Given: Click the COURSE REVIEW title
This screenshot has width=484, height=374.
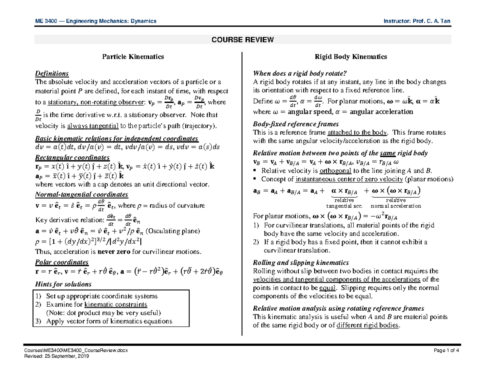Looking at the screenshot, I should [x=242, y=39].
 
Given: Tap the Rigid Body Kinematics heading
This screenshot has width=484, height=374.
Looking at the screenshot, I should [x=350, y=57].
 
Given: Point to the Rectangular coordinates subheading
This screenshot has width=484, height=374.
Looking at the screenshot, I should [x=72, y=157].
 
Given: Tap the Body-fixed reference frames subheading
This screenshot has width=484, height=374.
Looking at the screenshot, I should [x=295, y=124].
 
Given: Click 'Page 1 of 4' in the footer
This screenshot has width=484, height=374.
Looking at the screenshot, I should [x=446, y=350].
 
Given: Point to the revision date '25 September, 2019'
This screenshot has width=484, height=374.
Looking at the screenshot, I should [x=70, y=356].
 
